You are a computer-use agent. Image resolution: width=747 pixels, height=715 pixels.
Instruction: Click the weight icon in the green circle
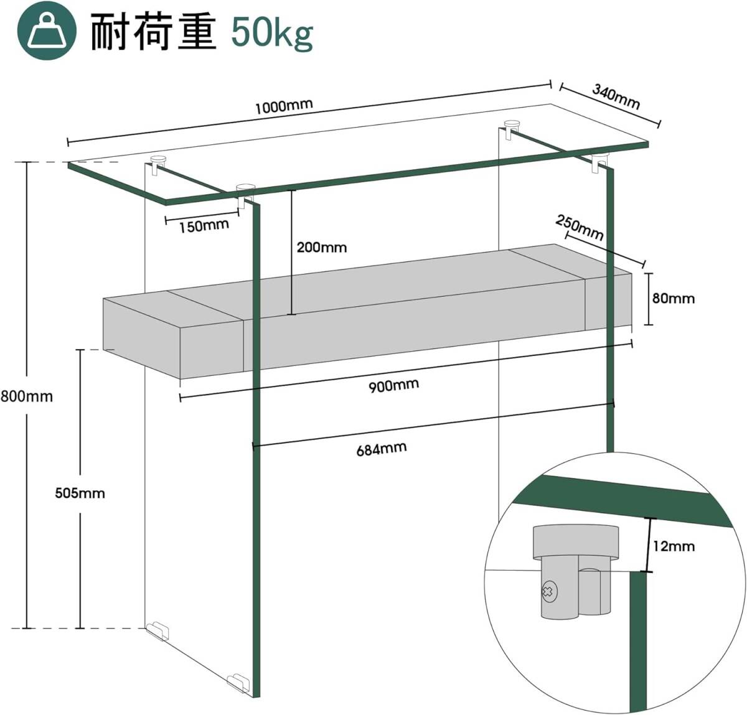point(47,30)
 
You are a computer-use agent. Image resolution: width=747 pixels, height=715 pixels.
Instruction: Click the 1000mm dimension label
point(284,106)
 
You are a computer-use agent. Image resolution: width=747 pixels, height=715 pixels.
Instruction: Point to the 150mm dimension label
point(204,226)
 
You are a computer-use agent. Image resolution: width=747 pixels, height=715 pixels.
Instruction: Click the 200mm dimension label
point(322,248)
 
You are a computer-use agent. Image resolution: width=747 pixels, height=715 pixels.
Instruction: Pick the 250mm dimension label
point(580,228)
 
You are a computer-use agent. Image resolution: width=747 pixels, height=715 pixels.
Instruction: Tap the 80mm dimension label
point(674,298)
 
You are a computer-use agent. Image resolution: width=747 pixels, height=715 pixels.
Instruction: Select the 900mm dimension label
point(393,386)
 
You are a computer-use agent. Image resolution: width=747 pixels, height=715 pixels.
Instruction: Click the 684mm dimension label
point(381,449)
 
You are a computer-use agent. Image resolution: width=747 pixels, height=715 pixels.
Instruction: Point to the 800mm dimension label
point(27,396)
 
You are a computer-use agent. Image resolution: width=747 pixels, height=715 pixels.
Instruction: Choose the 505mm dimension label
point(80,493)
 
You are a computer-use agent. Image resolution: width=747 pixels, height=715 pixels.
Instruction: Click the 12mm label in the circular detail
point(674,546)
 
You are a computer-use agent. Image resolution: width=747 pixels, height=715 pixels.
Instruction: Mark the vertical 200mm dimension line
point(292,252)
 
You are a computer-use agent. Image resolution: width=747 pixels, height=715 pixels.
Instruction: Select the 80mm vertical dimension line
point(649,299)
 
